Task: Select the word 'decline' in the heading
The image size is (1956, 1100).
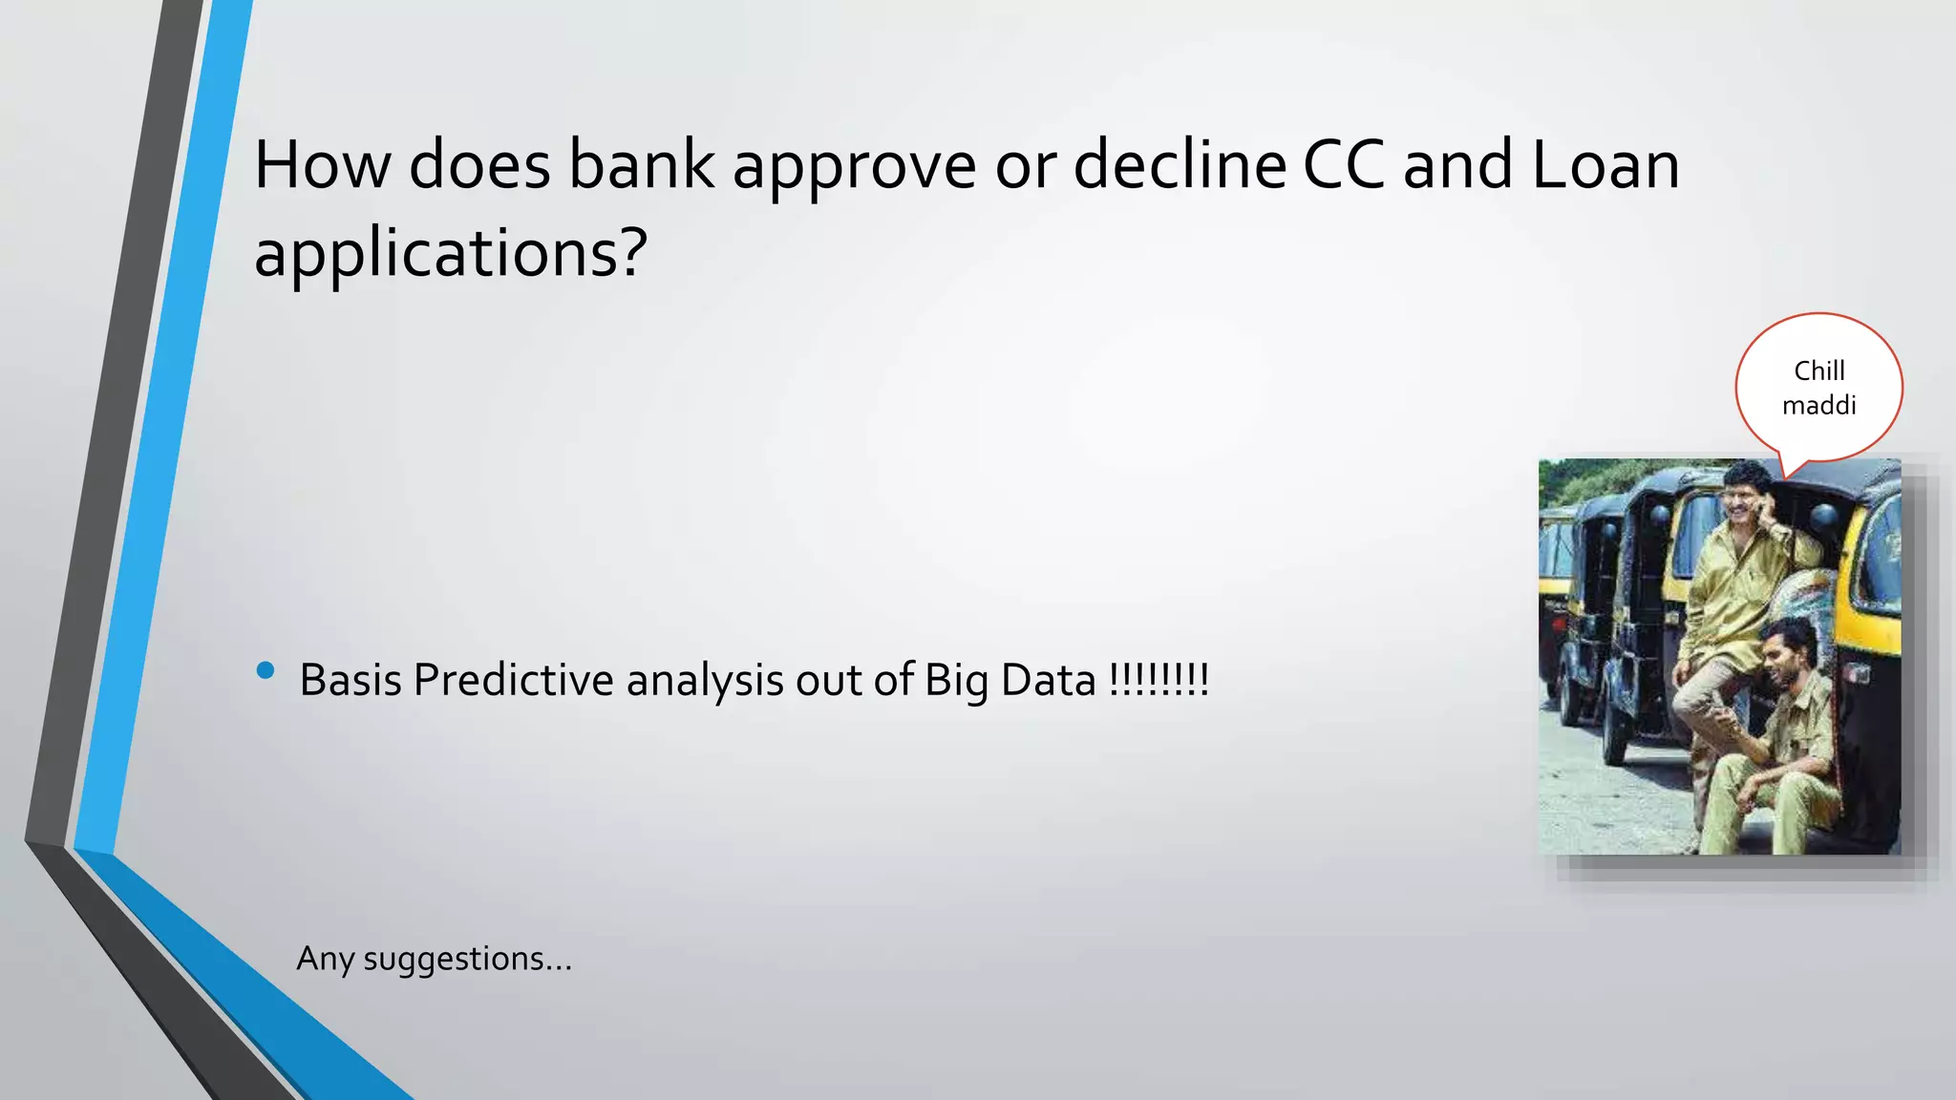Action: pos(1179,164)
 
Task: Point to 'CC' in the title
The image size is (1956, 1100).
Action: pos(1343,164)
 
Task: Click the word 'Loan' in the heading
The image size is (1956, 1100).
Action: pos(1605,164)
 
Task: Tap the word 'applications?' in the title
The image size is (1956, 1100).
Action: pos(451,254)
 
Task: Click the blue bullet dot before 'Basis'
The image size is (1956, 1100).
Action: pos(266,670)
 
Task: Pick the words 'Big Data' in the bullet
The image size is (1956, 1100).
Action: pos(1010,681)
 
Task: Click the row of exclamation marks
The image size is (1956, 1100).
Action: pos(1159,679)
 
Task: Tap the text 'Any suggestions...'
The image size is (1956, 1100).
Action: pos(435,958)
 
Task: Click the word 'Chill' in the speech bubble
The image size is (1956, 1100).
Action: pos(1818,370)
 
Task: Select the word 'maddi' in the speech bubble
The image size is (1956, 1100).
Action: pos(1818,405)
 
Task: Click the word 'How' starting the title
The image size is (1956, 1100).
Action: pos(322,164)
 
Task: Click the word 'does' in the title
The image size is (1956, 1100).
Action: pos(479,164)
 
